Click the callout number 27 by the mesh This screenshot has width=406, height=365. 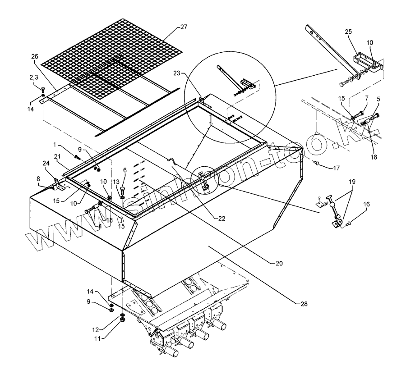(183, 27)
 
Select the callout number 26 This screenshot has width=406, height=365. (35, 56)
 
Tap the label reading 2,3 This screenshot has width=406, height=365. (34, 78)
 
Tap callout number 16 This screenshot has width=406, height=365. (366, 204)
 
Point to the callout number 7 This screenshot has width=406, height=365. (365, 98)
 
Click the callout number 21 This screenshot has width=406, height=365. (58, 156)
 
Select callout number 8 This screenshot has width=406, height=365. (38, 179)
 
